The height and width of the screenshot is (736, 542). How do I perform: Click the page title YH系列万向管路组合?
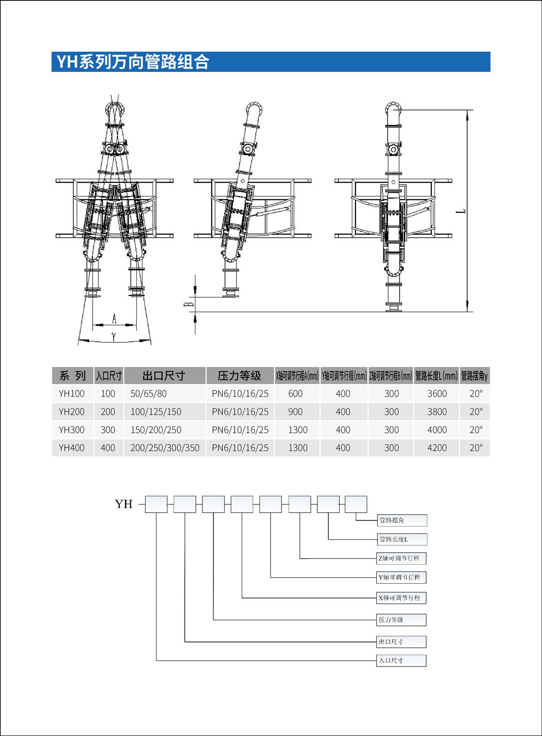(133, 62)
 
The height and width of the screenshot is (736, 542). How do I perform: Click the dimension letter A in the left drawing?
(115, 319)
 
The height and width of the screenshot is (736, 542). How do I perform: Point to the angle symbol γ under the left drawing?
(114, 336)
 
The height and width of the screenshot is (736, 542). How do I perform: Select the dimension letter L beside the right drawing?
(461, 211)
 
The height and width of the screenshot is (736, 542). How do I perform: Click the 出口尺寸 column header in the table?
(164, 376)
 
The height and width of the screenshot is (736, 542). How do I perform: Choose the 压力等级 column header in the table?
(240, 376)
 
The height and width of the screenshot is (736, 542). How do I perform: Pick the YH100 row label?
(72, 394)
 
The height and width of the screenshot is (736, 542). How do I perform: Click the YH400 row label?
(72, 448)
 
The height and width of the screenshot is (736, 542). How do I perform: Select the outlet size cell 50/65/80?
(149, 394)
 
